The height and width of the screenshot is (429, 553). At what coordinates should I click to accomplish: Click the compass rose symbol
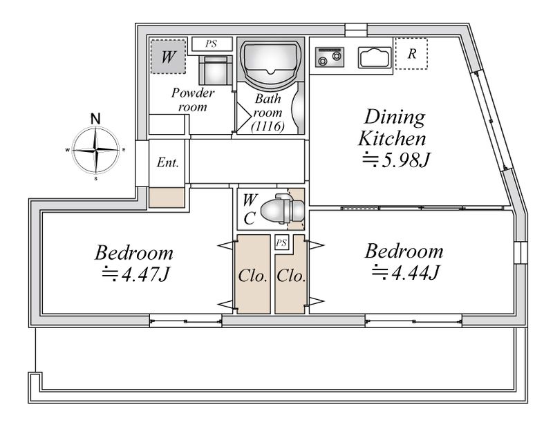click(x=95, y=150)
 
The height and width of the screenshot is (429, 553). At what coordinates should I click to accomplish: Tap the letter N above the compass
click(x=95, y=119)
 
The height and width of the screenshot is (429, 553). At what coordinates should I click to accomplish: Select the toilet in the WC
click(x=282, y=209)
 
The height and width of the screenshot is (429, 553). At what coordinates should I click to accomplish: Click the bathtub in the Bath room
click(x=270, y=61)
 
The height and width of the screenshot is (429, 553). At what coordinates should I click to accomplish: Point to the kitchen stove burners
click(x=330, y=57)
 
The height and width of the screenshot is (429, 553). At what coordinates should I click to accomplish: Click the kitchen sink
click(x=375, y=57)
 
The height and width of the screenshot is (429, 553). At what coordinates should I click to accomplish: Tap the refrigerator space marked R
click(x=411, y=54)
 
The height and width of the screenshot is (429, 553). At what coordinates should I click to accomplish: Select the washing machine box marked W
click(x=168, y=57)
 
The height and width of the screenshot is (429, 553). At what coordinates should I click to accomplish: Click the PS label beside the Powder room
click(x=212, y=44)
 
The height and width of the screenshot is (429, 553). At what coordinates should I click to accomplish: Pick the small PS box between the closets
click(x=281, y=243)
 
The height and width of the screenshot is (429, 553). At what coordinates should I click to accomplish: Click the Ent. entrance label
click(x=167, y=162)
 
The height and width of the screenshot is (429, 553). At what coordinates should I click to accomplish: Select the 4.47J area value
click(x=136, y=274)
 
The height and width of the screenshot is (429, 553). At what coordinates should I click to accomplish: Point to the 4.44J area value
click(x=406, y=272)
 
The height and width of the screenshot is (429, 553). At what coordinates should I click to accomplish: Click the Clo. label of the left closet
click(x=252, y=276)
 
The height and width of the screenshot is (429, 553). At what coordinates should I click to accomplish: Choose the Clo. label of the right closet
click(x=290, y=276)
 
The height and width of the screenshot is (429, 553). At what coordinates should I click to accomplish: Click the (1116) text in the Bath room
click(x=268, y=126)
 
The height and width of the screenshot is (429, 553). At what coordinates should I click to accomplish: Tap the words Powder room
click(x=193, y=99)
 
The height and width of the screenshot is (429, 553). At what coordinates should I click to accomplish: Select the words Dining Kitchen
click(x=393, y=127)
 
